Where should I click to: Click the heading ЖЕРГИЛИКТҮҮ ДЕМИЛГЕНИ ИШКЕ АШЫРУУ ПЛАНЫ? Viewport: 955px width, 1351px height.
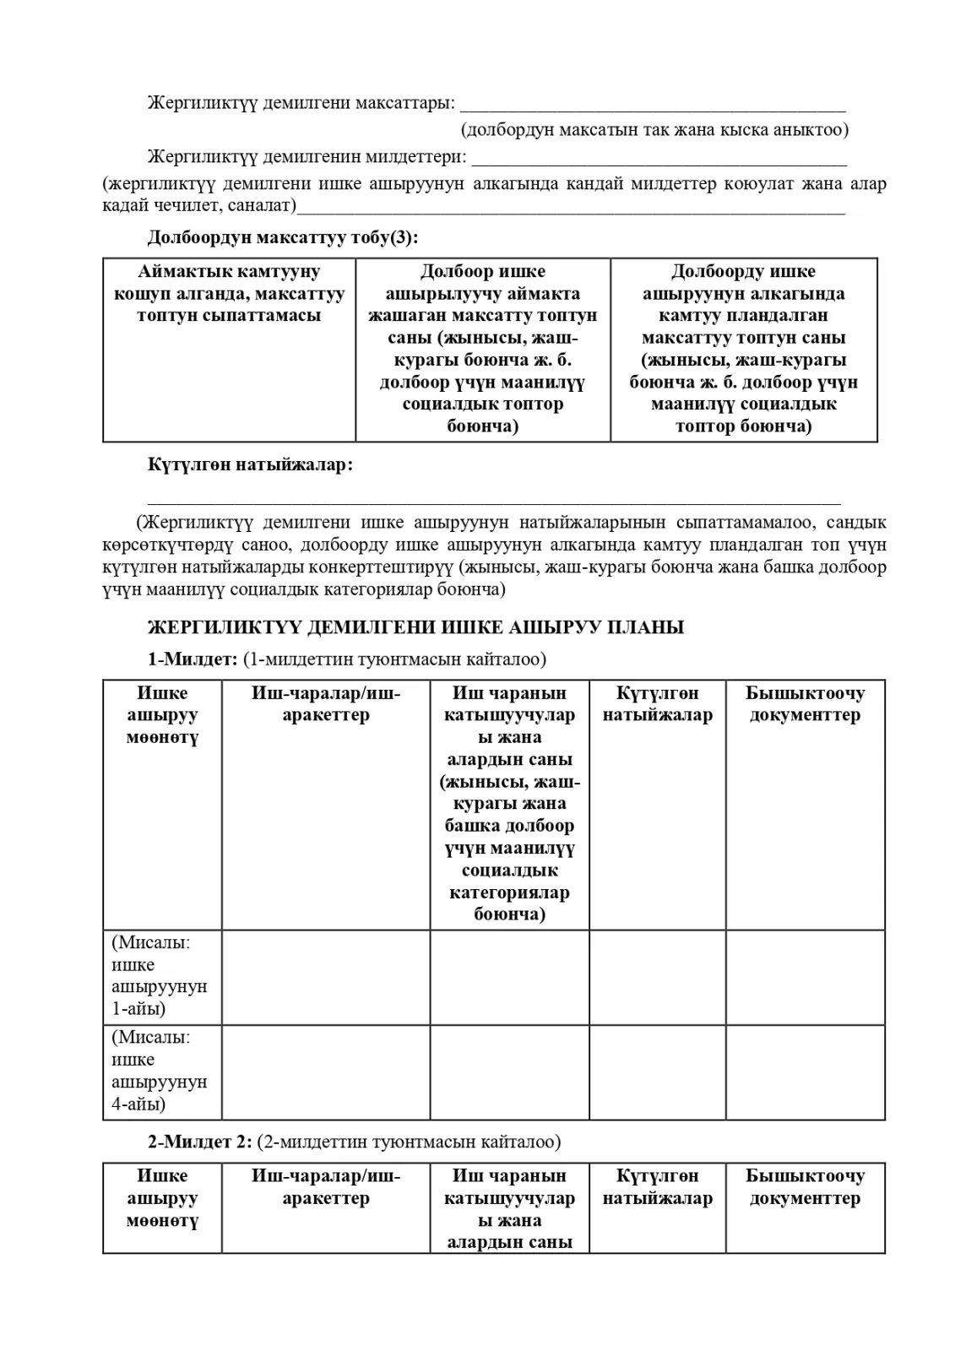415,627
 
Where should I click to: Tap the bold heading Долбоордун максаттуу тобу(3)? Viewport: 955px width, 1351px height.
283,237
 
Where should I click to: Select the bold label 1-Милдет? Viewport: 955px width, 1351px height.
193,659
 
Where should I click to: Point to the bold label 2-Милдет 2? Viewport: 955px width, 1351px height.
200,1142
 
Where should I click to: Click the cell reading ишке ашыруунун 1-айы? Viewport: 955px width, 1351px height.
160,975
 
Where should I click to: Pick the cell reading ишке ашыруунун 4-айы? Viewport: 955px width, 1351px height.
160,1071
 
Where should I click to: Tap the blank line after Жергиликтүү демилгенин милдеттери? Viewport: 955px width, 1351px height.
659,159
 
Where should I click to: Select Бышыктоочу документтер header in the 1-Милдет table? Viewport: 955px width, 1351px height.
805,704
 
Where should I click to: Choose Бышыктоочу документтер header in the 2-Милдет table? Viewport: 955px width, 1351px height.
805,1186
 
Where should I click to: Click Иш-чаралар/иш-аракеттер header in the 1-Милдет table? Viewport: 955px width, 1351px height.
326,704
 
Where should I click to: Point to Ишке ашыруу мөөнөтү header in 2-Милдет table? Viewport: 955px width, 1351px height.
162,1197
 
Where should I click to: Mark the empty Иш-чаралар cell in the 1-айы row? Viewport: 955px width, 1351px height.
326,977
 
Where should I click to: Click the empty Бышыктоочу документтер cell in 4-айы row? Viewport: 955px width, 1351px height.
805,1072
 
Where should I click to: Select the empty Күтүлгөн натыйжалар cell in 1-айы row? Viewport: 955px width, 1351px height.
657,977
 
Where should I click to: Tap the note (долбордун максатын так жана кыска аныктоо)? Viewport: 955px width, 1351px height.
654,129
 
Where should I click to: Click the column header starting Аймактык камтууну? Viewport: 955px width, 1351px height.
229,294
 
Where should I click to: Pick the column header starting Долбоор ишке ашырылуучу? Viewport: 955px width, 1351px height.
482,348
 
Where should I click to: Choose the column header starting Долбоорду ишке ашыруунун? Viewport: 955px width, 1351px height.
743,348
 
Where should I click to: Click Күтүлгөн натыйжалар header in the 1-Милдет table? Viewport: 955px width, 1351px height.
657,704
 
